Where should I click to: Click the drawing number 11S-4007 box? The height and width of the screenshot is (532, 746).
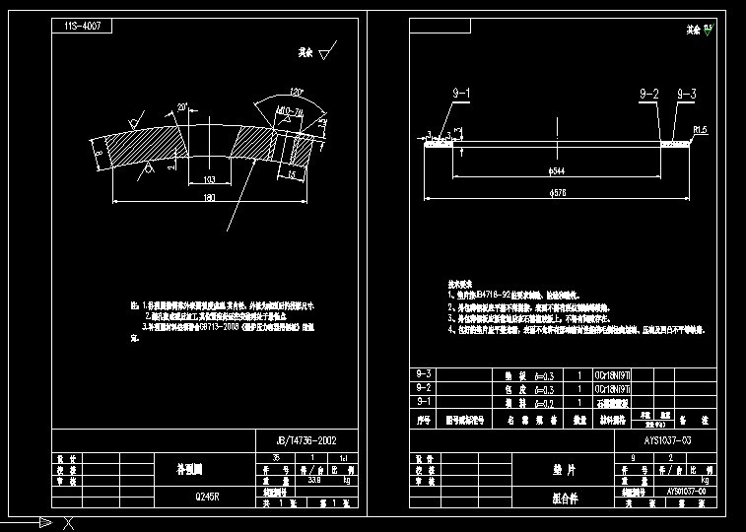pyautogui.click(x=82, y=27)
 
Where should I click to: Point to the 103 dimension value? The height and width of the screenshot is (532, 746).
pyautogui.click(x=208, y=179)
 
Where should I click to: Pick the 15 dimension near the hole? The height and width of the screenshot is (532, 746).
pyautogui.click(x=292, y=173)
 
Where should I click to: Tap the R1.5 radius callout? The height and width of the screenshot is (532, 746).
pyautogui.click(x=702, y=129)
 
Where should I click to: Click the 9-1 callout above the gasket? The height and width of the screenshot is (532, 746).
pyautogui.click(x=461, y=93)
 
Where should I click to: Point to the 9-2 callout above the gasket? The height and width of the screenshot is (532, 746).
pyautogui.click(x=648, y=93)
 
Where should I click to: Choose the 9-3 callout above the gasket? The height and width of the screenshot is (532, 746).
pyautogui.click(x=686, y=93)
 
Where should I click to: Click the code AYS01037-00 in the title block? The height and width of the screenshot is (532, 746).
pyautogui.click(x=686, y=491)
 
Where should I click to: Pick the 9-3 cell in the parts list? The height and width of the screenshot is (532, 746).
pyautogui.click(x=425, y=374)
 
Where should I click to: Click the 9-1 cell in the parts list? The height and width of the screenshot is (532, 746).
pyautogui.click(x=425, y=402)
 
